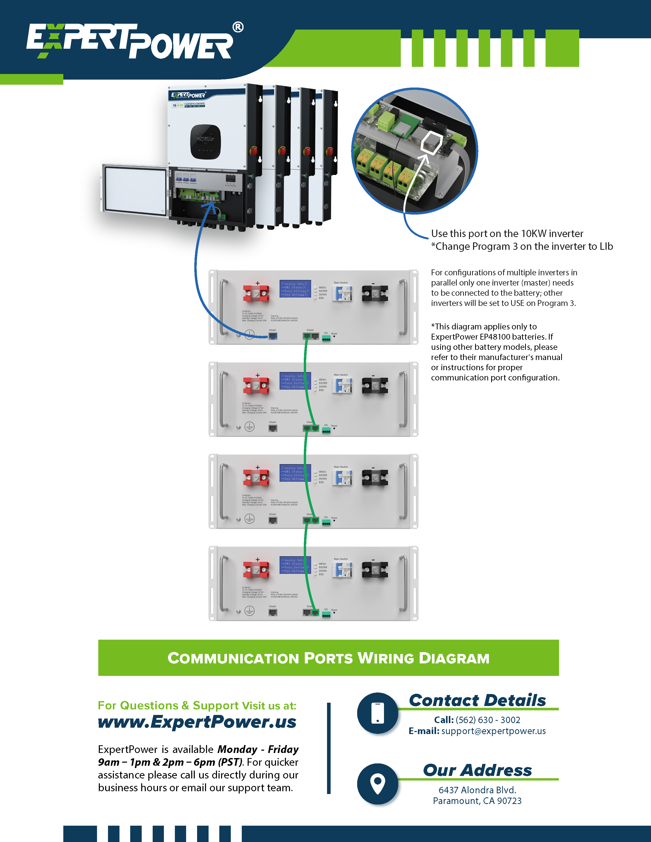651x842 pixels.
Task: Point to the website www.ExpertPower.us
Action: [197, 722]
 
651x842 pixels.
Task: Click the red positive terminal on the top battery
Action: [256, 294]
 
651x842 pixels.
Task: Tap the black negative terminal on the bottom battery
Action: [375, 570]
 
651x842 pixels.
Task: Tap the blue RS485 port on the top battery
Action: [273, 336]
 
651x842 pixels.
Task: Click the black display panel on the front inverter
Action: [205, 142]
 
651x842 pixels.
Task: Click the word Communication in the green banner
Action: [233, 658]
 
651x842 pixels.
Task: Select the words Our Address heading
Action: [477, 770]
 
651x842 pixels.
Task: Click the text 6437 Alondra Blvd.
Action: [477, 790]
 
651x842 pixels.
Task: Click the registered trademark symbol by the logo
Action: [238, 27]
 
